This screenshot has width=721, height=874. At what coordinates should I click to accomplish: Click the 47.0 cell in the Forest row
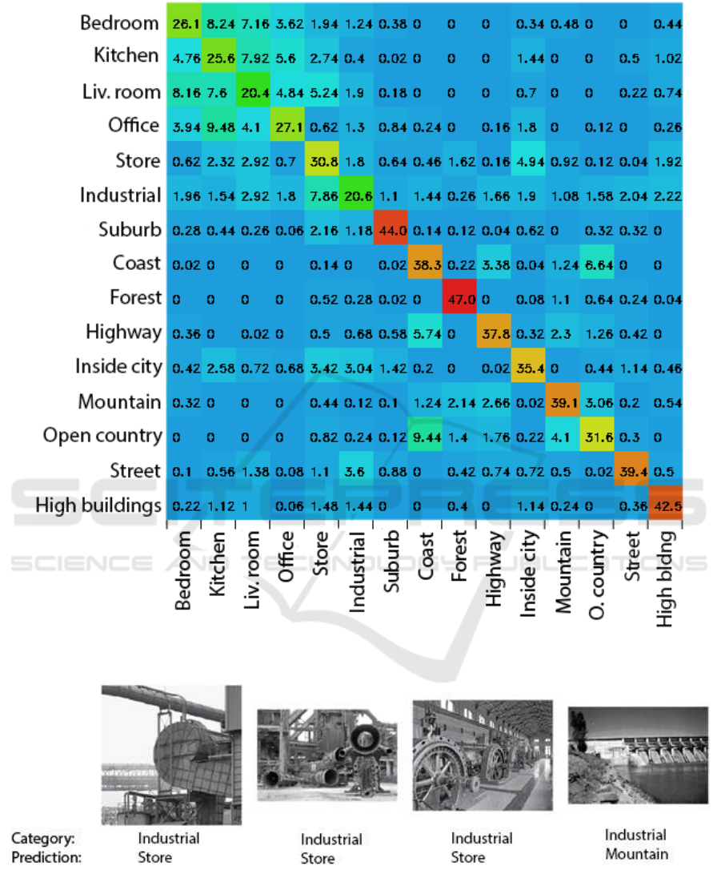tap(459, 298)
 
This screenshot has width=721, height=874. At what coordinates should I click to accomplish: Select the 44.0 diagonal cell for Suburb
tap(391, 229)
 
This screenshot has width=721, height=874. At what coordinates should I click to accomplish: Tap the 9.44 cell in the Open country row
tap(424, 436)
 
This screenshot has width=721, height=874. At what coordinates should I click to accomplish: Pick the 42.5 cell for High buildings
tap(666, 505)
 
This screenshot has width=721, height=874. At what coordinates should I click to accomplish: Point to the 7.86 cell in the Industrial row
tap(322, 195)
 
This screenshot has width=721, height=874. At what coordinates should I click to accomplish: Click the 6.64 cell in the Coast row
tap(597, 264)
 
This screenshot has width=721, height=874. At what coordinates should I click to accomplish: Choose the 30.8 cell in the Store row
tap(322, 160)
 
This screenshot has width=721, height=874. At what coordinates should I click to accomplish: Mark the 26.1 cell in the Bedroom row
tap(184, 23)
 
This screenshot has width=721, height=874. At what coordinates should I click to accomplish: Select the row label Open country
tap(102, 435)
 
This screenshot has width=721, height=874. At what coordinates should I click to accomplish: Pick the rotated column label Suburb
tap(391, 565)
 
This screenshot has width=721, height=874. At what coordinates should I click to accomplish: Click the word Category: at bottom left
tap(43, 839)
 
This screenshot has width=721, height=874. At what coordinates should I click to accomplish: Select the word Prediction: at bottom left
tap(46, 857)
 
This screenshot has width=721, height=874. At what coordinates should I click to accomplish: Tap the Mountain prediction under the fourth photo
tap(636, 854)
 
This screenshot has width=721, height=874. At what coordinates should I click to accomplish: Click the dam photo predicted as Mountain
tap(638, 755)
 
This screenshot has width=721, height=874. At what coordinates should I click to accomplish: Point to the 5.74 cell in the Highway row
tap(424, 332)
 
